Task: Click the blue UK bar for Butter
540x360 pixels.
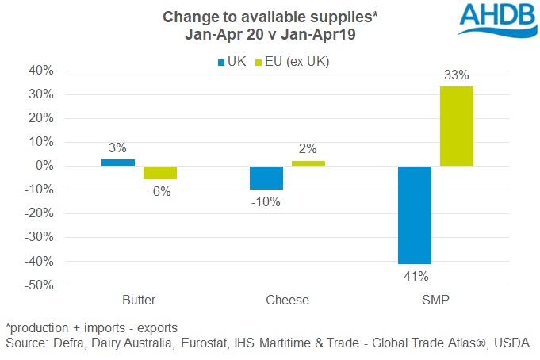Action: coord(117,163)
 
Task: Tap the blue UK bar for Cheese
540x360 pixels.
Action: coord(266,178)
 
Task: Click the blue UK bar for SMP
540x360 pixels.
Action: coord(415,215)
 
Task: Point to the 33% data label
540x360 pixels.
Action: coord(456,75)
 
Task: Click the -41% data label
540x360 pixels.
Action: coord(414,276)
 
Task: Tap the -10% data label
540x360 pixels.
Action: coord(266,201)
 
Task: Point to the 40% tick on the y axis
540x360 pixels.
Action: coord(41,71)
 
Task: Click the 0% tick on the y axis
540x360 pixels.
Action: coord(44,166)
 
